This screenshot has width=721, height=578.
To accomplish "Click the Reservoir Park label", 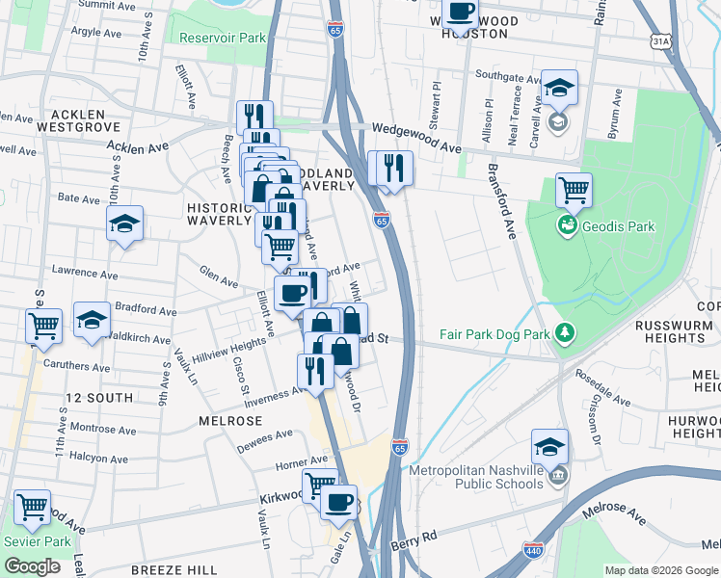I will tap(223, 38).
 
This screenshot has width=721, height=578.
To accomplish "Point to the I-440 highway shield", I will tap(532, 550).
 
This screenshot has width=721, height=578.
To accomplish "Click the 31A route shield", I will tap(660, 41).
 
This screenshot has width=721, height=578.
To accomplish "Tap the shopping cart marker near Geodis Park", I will tap(574, 190).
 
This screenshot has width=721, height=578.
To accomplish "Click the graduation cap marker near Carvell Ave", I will tap(559, 88).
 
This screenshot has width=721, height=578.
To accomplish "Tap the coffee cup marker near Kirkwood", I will tap(337, 501).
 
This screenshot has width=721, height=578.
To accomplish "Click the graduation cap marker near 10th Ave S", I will tap(124, 223).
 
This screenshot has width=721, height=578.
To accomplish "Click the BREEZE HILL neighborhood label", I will tap(174, 570).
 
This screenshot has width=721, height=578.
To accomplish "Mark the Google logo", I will tap(32, 566).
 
